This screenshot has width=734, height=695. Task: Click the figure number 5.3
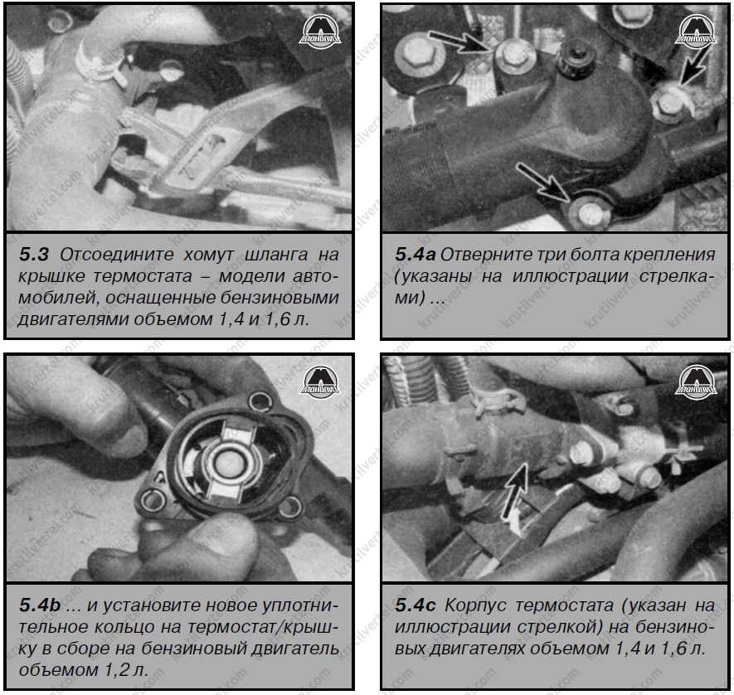pos(34,255)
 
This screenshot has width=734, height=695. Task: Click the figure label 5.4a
pos(415,255)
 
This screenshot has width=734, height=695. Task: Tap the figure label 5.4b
pos(40,605)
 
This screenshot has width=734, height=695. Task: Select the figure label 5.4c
pos(415,605)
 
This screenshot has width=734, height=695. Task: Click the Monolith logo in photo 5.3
pos(319,32)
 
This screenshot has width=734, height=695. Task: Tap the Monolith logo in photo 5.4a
pos(696,32)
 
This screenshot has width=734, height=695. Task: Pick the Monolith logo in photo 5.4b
pos(319,382)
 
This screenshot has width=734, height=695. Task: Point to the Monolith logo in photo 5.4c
pos(696,382)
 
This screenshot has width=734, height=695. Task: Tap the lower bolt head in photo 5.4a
pos(588,213)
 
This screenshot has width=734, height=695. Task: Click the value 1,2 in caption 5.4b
pos(116,670)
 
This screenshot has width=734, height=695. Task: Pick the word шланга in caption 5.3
pos(276,255)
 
